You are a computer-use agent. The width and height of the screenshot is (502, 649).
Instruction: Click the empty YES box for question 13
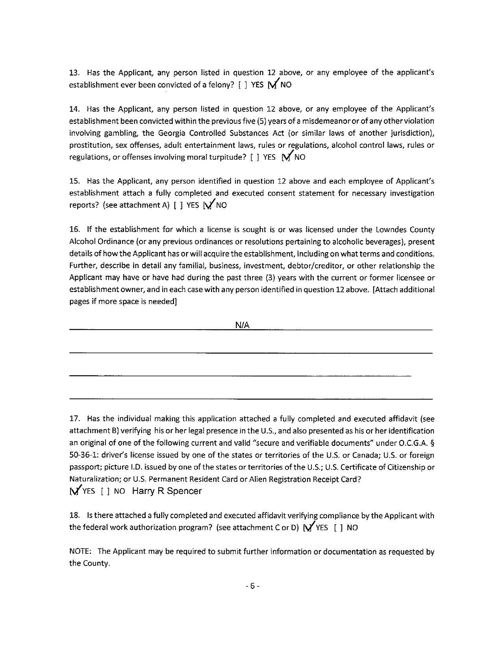[x=243, y=85]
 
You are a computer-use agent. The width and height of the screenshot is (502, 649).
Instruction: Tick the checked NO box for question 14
[x=287, y=157]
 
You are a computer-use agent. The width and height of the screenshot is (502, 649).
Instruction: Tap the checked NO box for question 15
[x=208, y=205]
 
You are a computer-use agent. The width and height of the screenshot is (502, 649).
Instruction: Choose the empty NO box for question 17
[x=105, y=492]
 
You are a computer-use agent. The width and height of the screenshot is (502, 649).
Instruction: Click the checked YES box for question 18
[x=308, y=528]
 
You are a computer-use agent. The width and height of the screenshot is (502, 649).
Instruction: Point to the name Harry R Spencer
[x=167, y=491]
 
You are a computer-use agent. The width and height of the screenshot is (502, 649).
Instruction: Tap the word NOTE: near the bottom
[x=80, y=551]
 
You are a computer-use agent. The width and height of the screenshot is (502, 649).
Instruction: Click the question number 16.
[x=74, y=230]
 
